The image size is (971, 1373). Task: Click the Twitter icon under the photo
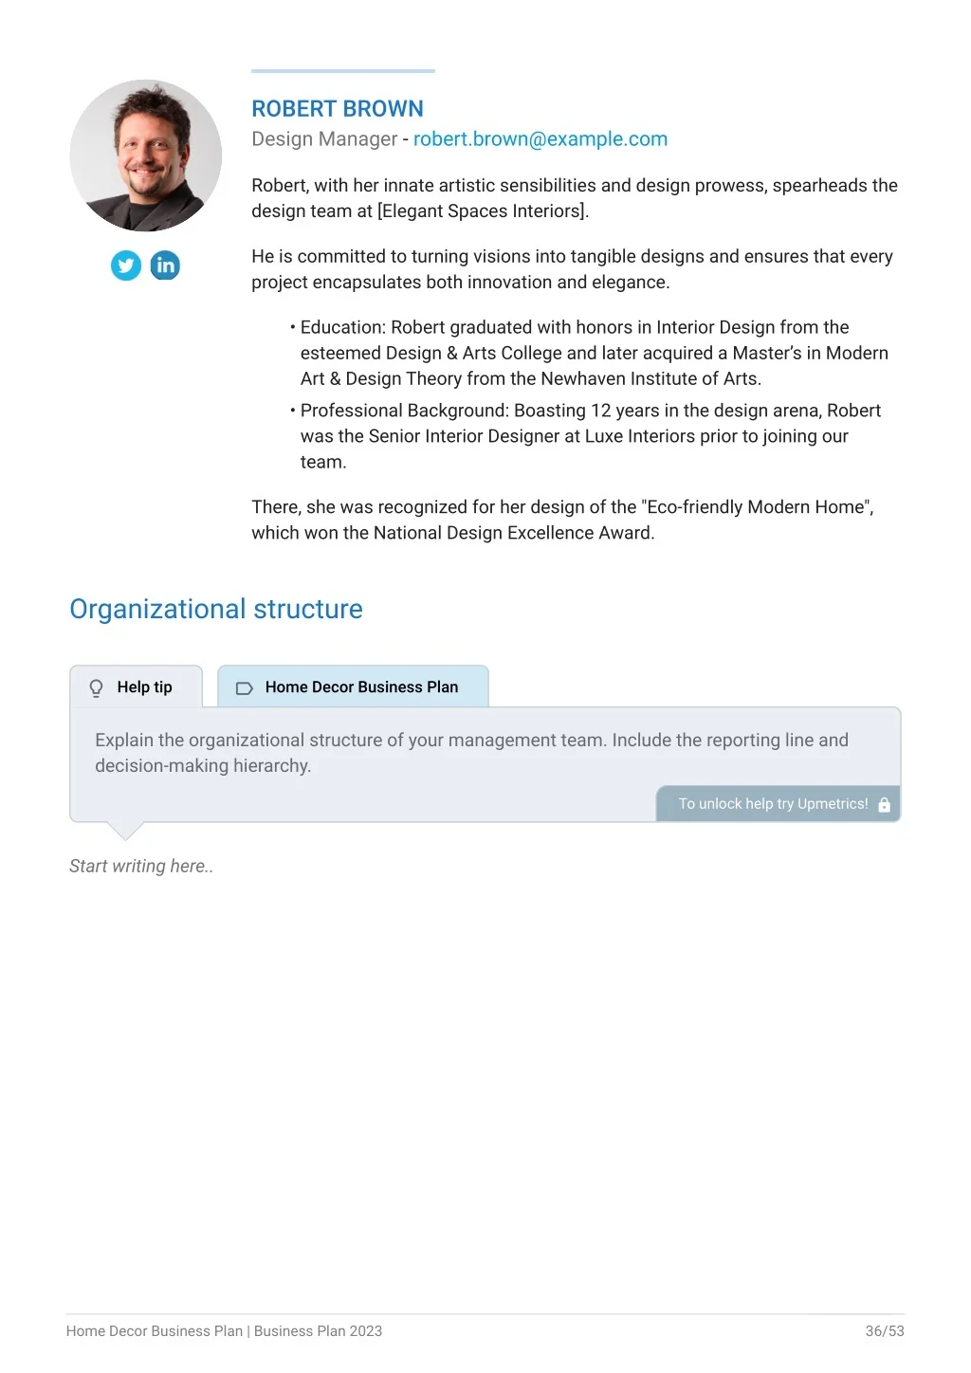pos(126,265)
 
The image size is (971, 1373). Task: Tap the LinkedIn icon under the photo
pos(165,265)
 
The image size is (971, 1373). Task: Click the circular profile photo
pos(146,156)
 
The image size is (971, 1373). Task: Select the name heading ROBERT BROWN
pos(338,109)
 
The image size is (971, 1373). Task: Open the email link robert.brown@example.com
pos(540,139)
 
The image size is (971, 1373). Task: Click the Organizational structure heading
pos(216,609)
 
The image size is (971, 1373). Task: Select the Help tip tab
pos(137,686)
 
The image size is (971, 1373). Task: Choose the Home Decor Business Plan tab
pos(353,686)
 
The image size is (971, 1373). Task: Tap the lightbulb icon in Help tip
pos(96,687)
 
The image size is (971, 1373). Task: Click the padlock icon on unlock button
pos(885,804)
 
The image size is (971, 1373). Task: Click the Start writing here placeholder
pos(141,866)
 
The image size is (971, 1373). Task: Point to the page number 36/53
pos(885,1331)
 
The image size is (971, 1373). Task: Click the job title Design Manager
pos(324,139)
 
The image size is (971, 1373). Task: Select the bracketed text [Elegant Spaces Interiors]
pos(483,211)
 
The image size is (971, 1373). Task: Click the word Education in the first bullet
pos(341,327)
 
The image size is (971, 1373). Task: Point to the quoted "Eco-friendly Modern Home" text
pos(756,507)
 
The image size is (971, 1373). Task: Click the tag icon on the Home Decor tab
pos(244,687)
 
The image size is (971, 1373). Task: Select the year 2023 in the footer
pos(365,1331)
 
